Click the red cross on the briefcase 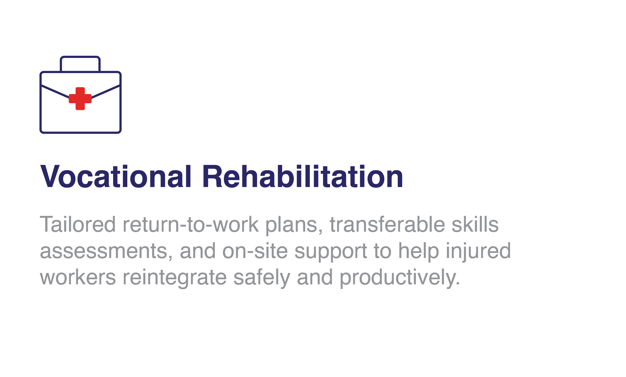tap(80, 99)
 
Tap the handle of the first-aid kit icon tap(80, 57)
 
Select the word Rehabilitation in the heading tap(302, 176)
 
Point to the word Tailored tap(78, 224)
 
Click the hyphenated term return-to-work tap(191, 224)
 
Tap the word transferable tap(387, 224)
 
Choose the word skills tap(475, 224)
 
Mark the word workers tap(78, 277)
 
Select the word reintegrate tap(175, 278)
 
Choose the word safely tap(262, 278)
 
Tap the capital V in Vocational tap(50, 176)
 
